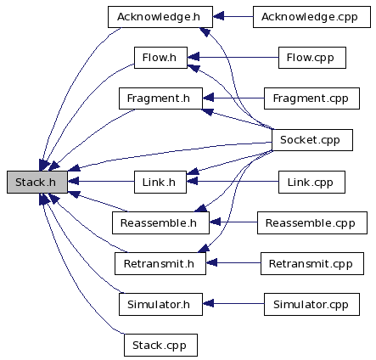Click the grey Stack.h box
37,182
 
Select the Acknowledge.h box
160,17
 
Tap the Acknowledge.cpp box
311,17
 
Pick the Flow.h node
160,58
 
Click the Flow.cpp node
312,58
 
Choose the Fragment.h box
160,98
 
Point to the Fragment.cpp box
311,98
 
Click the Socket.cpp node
312,140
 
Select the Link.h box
160,182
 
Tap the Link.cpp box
311,182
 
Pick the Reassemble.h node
160,223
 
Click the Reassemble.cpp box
312,223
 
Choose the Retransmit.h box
160,264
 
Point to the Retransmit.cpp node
312,264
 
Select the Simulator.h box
160,305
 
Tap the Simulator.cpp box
311,305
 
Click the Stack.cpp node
160,346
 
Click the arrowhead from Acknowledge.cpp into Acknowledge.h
218,16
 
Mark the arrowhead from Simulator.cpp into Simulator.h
208,304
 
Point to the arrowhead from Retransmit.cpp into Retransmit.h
211,262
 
